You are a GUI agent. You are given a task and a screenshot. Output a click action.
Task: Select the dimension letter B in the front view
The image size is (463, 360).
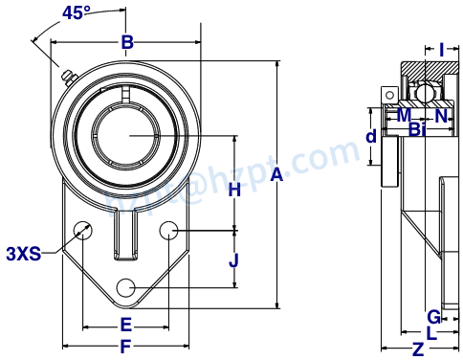tap(126, 42)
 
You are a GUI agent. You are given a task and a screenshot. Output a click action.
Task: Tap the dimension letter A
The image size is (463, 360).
tap(276, 174)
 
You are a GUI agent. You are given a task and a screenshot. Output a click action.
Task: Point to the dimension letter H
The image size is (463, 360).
tap(233, 190)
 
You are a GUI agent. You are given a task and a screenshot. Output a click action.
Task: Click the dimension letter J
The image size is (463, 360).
tap(233, 259)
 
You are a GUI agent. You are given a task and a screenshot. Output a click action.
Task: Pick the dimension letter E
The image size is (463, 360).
tap(125, 324)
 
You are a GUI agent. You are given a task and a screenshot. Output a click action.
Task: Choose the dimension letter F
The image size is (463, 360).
tap(125, 347)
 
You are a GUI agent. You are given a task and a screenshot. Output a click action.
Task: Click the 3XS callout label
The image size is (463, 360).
tap(23, 254)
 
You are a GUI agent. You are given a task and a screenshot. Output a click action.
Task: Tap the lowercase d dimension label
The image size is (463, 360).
tap(371, 137)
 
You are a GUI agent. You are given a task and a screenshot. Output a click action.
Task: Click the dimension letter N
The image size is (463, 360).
tap(440, 116)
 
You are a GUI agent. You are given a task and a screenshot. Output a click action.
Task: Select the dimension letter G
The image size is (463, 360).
tap(433, 316)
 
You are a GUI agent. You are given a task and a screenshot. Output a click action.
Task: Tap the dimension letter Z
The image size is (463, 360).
tap(417, 349)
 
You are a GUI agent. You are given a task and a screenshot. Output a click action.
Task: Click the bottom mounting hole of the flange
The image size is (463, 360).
tap(125, 287)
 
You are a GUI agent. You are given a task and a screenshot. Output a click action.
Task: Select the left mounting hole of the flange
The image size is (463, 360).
tap(83, 230)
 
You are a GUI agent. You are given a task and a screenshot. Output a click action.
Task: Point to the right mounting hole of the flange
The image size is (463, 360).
tap(168, 230)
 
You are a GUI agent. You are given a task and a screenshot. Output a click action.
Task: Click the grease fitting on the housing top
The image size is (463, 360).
tap(67, 77)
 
